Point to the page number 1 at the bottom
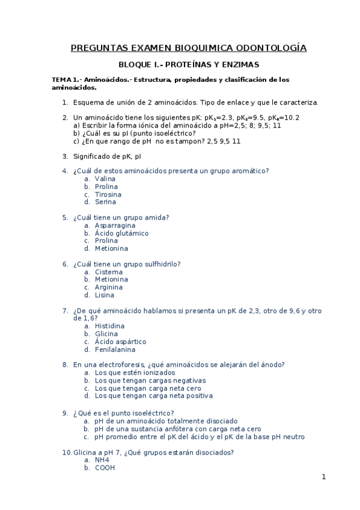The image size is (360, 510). point(323,477)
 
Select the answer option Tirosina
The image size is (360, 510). point(108,194)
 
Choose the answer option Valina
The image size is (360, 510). point(105,179)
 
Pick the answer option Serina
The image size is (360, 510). point(105,202)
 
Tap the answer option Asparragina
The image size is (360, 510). point(115,226)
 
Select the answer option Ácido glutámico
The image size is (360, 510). point(121,233)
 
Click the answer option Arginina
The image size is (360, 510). point(109,287)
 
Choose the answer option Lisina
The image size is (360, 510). point(105,295)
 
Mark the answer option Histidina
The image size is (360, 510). point(110,326)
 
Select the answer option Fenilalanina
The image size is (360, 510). point(115,349)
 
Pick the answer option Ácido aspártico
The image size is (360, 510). point(120,342)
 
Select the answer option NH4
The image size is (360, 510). point(102,459)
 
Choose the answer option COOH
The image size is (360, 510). point(105,467)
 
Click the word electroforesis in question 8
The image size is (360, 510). point(125,364)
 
